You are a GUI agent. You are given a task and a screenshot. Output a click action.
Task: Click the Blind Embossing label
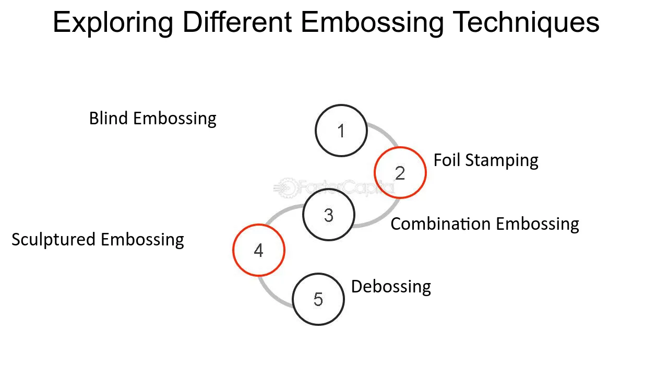click(x=153, y=119)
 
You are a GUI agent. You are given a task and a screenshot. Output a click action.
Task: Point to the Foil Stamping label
click(x=486, y=160)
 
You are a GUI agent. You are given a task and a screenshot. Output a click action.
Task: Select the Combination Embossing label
click(x=485, y=224)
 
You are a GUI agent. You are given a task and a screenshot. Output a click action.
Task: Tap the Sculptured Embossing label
click(x=98, y=240)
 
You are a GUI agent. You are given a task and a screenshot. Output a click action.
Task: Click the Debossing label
click(x=391, y=287)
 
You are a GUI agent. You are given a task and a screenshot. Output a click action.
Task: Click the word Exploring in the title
click(x=113, y=22)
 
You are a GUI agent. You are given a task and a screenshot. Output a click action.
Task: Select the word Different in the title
click(x=237, y=22)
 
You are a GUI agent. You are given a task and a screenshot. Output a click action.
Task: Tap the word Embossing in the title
click(x=373, y=22)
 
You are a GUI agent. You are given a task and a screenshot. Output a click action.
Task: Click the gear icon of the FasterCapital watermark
click(x=287, y=188)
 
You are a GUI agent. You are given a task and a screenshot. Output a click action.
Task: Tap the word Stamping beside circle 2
click(x=502, y=160)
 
